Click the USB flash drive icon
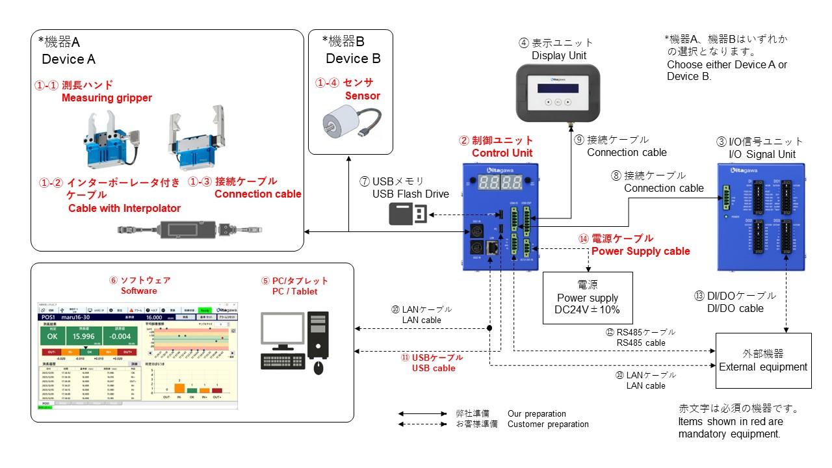click(x=408, y=214)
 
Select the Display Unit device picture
click(x=558, y=94)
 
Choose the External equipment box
click(x=763, y=361)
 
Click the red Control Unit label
click(x=502, y=153)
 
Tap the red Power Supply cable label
click(x=640, y=251)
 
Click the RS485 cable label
click(x=641, y=343)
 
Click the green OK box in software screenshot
click(x=53, y=337)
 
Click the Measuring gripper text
click(x=107, y=98)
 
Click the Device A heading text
click(x=68, y=59)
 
